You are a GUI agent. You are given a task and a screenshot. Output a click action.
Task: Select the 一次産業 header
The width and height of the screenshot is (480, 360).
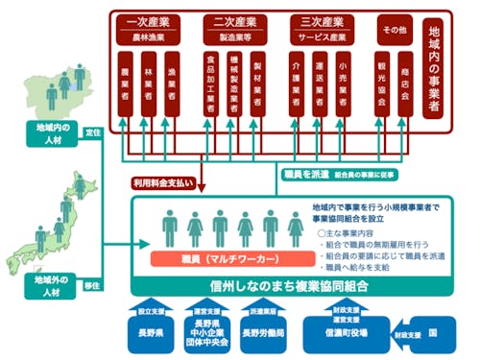149,20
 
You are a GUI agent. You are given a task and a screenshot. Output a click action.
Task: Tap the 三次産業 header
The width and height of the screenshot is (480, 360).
321,20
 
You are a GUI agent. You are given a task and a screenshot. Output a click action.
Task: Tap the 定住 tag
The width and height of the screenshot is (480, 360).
94,132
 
